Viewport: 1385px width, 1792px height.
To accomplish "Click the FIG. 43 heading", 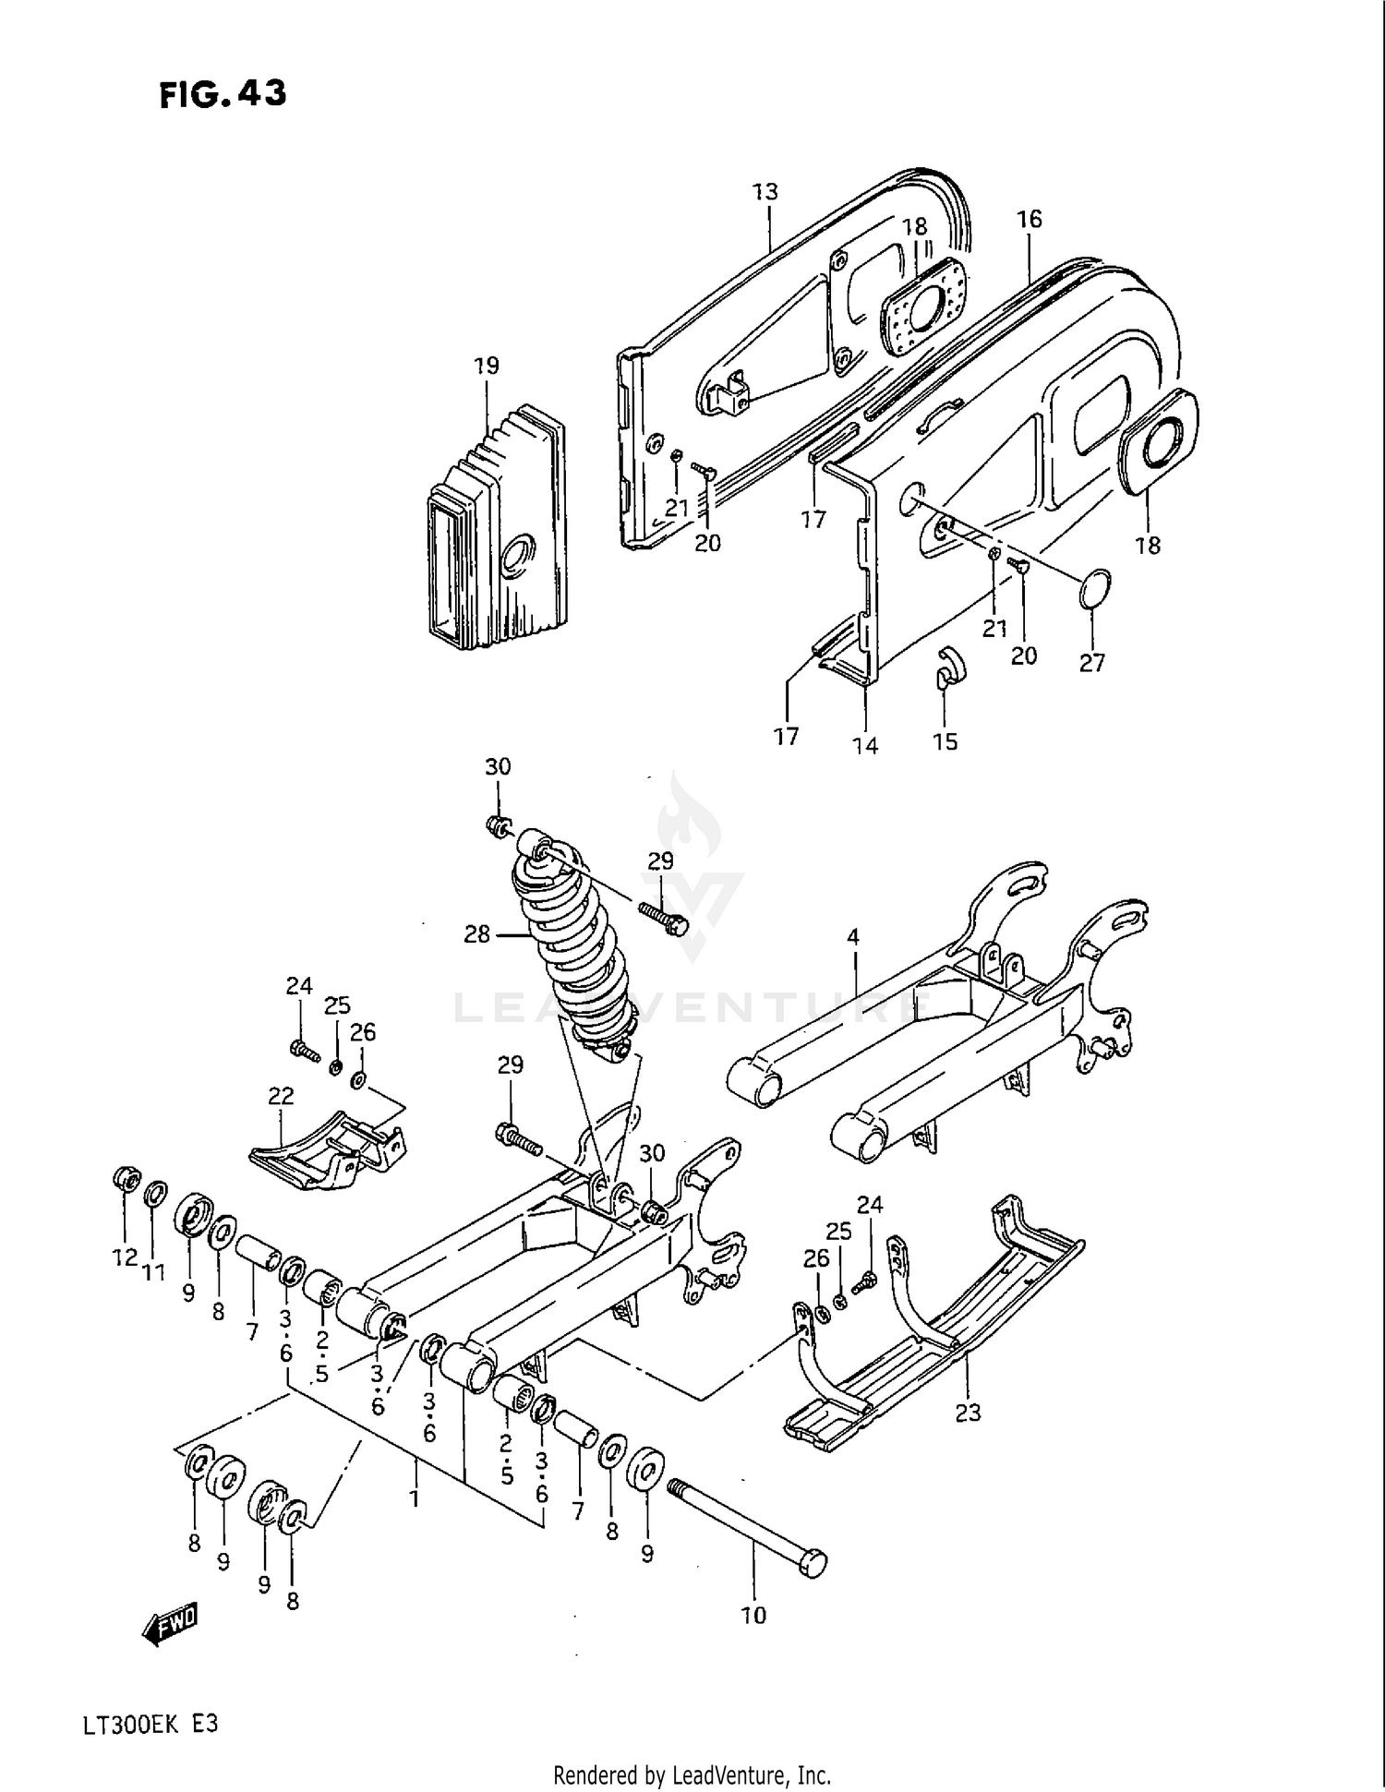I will tap(223, 93).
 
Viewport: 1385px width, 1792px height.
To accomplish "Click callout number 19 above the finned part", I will tap(486, 366).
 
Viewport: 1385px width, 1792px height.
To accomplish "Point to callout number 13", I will tap(765, 191).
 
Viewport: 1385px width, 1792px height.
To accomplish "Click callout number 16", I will tap(1029, 219).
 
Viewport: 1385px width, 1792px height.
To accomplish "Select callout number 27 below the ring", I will tap(1091, 662).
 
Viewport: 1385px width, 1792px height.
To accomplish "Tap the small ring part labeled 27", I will tap(1094, 590).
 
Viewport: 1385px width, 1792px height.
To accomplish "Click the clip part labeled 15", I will tap(946, 668).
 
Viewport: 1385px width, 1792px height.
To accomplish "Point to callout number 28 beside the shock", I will tap(476, 934).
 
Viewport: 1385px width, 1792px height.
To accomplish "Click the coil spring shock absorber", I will tap(577, 951).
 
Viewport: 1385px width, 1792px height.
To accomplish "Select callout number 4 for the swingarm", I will tap(852, 937).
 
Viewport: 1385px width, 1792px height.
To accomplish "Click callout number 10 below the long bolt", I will tap(753, 1615).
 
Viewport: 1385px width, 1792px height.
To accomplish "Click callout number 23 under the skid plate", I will tap(968, 1412).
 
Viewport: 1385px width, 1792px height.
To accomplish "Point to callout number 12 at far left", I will tap(125, 1257).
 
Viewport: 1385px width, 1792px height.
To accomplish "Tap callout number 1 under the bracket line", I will tap(415, 1497).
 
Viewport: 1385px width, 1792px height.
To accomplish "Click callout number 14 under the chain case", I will tap(865, 745).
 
